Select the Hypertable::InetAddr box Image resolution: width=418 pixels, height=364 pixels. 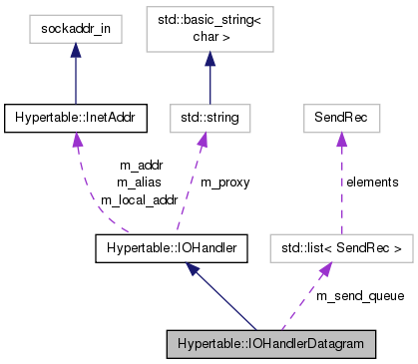pos(75,119)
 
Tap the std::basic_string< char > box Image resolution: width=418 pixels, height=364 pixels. pos(208,31)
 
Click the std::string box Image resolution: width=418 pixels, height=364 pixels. pos(208,119)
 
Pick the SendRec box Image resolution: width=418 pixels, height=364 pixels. pos(340,119)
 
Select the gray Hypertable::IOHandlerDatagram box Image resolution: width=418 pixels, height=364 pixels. pos(272,344)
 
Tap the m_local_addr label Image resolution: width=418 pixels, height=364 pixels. pos(138,198)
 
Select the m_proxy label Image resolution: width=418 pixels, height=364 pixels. pos(225,182)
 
